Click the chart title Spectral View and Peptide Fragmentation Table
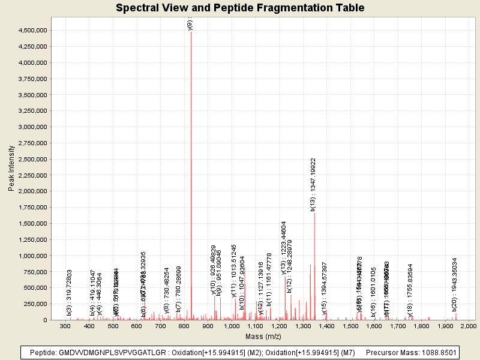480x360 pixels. coord(240,8)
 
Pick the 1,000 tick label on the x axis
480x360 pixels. coord(232,326)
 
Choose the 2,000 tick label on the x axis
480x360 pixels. coord(468,326)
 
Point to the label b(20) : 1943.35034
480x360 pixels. coord(455,284)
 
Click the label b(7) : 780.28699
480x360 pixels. coord(179,289)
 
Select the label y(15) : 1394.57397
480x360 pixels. coord(325,288)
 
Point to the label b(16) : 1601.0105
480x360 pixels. coord(373,291)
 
